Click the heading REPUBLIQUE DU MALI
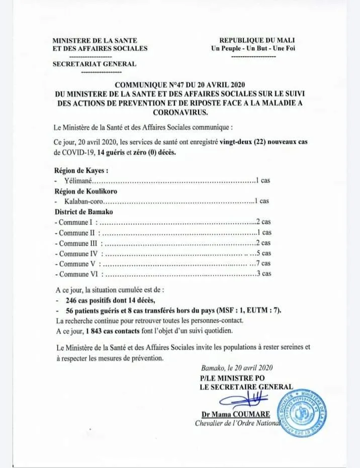[x=257, y=40]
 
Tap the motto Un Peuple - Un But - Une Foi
[x=253, y=48]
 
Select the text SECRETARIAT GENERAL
[x=94, y=64]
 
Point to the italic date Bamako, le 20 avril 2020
[x=236, y=368]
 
